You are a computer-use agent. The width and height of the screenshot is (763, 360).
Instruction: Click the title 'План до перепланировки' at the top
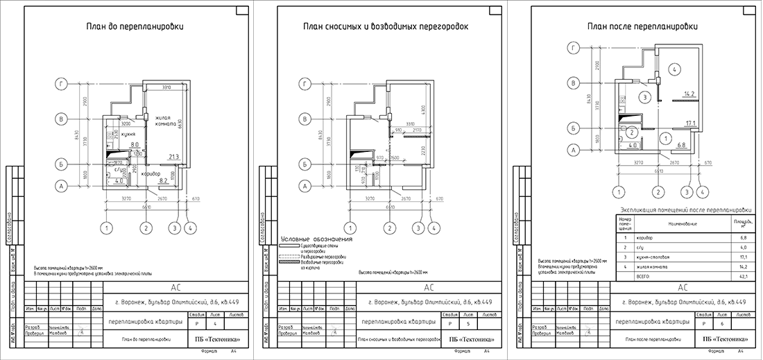tap(135, 27)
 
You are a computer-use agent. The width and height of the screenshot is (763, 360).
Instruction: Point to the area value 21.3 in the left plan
tap(173, 157)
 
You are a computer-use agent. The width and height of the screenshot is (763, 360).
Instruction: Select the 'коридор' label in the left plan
tap(153, 173)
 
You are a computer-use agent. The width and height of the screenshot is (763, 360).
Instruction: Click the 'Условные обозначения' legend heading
tap(316, 239)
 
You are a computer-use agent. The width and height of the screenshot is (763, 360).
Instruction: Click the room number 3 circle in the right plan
tap(644, 96)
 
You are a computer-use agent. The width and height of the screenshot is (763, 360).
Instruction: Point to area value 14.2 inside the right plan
tap(689, 94)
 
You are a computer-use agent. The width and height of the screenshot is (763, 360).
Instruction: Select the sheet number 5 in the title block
tap(469, 324)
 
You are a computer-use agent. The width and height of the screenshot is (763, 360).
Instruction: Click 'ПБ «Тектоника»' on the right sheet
tap(725, 339)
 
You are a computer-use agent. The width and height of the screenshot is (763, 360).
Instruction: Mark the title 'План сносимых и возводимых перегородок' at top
tap(386, 27)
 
